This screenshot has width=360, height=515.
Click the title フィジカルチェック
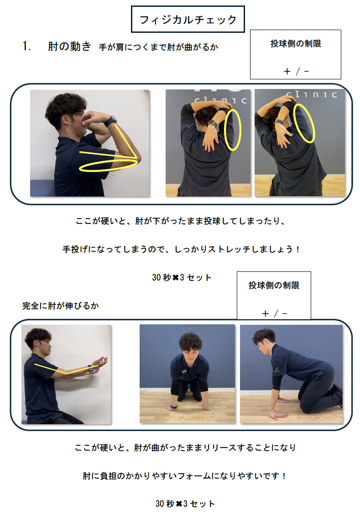point(188,20)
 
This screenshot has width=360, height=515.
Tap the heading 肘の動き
point(69,47)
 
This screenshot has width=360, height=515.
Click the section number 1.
point(26,47)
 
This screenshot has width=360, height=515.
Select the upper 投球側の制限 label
point(296,44)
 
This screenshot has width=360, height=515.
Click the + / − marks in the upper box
point(296,71)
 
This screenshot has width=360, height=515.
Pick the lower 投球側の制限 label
point(274,286)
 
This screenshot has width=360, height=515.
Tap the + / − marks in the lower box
point(275,314)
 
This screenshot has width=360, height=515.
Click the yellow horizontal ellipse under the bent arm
point(109,165)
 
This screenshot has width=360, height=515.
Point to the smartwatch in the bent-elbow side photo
point(111,121)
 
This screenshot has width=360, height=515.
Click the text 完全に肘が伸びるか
point(60,306)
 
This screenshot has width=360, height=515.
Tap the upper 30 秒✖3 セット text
point(182,278)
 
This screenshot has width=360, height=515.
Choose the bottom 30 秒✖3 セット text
point(185,504)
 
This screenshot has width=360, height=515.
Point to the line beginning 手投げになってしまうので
point(181,250)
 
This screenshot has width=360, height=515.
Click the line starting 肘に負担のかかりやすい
point(184,476)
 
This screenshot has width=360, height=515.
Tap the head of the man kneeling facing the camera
point(189,345)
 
